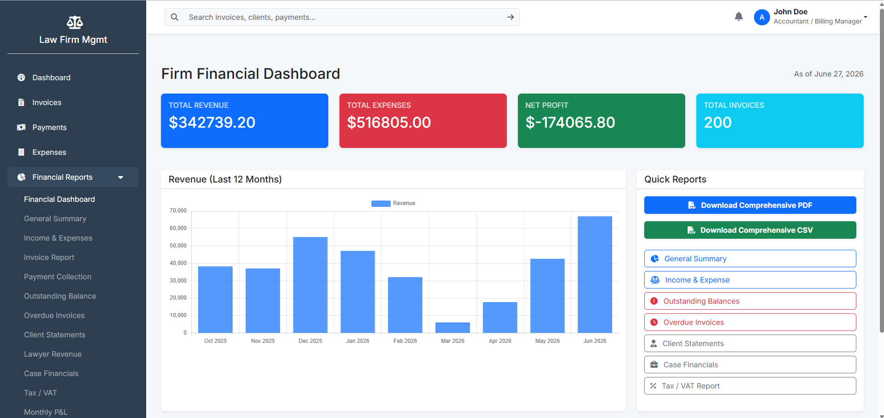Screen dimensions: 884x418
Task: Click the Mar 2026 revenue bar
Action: tap(452, 328)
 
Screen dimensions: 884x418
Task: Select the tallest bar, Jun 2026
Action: tap(595, 275)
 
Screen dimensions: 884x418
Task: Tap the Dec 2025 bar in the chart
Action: tap(310, 285)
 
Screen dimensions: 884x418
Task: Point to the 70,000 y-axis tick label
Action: tap(178, 211)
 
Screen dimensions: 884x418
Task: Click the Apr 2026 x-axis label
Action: tap(500, 341)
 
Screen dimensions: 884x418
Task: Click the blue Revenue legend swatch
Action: tap(381, 203)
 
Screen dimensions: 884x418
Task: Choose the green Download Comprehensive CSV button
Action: tap(750, 230)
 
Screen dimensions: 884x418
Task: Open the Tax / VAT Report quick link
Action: tap(750, 386)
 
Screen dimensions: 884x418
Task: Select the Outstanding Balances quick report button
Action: tap(750, 301)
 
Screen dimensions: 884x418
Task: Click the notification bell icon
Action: tap(739, 17)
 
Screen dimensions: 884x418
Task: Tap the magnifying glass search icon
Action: tap(175, 17)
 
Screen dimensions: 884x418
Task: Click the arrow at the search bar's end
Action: tap(510, 17)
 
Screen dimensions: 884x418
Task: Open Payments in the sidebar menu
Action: tap(49, 127)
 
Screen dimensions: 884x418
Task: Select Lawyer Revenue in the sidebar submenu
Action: tap(53, 354)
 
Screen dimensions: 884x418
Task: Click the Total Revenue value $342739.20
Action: tap(212, 123)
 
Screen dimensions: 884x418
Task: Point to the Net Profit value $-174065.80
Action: tap(570, 123)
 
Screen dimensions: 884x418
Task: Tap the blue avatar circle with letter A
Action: tap(762, 17)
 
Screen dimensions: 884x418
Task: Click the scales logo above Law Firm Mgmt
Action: tap(75, 22)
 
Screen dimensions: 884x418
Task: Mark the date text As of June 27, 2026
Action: tap(829, 74)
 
